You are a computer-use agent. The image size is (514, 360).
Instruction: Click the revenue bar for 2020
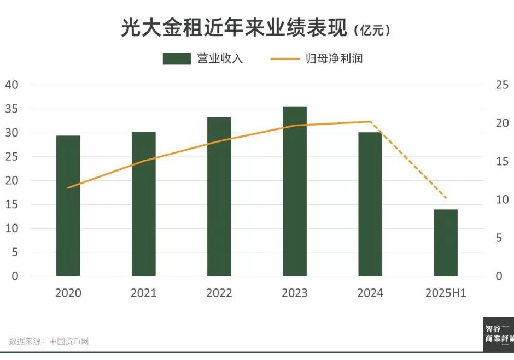pyautogui.click(x=68, y=206)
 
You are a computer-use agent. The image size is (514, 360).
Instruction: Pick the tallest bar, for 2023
pyautogui.click(x=295, y=191)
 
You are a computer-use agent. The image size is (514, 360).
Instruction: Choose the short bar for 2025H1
pyautogui.click(x=446, y=243)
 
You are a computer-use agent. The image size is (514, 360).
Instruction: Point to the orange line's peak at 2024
pyautogui.click(x=370, y=122)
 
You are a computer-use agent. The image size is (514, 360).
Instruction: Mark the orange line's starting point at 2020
pyautogui.click(x=68, y=187)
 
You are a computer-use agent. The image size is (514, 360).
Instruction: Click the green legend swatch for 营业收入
pyautogui.click(x=176, y=59)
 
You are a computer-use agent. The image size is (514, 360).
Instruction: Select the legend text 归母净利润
pyautogui.click(x=334, y=59)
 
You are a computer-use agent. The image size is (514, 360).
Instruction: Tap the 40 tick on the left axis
pyautogui.click(x=11, y=85)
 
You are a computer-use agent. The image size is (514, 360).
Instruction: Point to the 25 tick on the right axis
pyautogui.click(x=502, y=85)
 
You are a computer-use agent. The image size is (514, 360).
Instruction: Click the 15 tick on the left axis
pyautogui.click(x=11, y=204)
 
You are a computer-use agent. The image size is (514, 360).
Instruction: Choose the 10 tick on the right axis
pyautogui.click(x=502, y=200)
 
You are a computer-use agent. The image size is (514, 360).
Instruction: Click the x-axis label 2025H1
pyautogui.click(x=446, y=293)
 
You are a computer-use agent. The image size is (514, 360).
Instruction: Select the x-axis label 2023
pyautogui.click(x=295, y=293)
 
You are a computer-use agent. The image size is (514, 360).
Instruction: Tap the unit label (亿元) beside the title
pyautogui.click(x=372, y=31)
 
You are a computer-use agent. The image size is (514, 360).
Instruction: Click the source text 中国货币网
pyautogui.click(x=69, y=341)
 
